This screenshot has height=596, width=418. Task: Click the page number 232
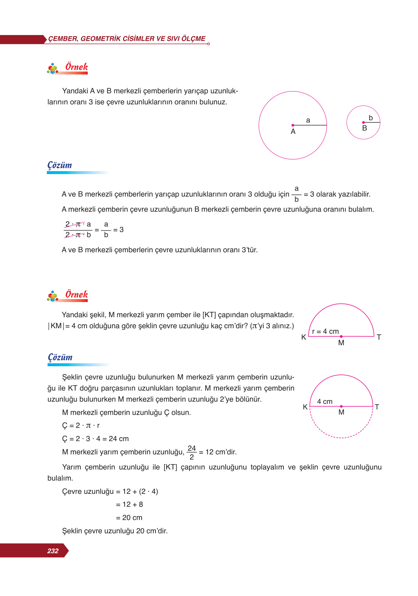coord(53,551)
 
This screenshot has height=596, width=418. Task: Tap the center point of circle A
coord(293,125)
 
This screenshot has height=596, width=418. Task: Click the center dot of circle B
coord(363,122)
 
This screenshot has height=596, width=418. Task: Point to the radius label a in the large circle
coord(308,120)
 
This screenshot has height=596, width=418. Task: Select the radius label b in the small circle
coord(370,118)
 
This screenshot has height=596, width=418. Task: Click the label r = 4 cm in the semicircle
coord(325,331)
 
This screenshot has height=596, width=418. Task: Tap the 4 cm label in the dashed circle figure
coord(325,401)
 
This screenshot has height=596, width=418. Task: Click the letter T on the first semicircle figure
coord(379,337)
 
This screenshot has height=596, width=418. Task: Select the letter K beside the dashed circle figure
coord(305,407)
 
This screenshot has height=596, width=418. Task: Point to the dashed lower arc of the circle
coord(341,437)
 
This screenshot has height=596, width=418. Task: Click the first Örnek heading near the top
coord(76,67)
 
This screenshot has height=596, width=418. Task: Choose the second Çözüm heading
coord(60,357)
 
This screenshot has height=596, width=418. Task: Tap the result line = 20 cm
coord(129,517)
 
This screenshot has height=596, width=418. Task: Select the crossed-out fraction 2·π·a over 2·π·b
coord(78,229)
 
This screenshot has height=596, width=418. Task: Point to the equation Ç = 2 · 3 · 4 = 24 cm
coord(95,439)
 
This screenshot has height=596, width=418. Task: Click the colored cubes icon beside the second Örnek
coord(53,296)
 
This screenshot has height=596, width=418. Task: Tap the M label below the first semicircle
coord(341,343)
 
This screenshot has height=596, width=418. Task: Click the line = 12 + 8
coord(129,504)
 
